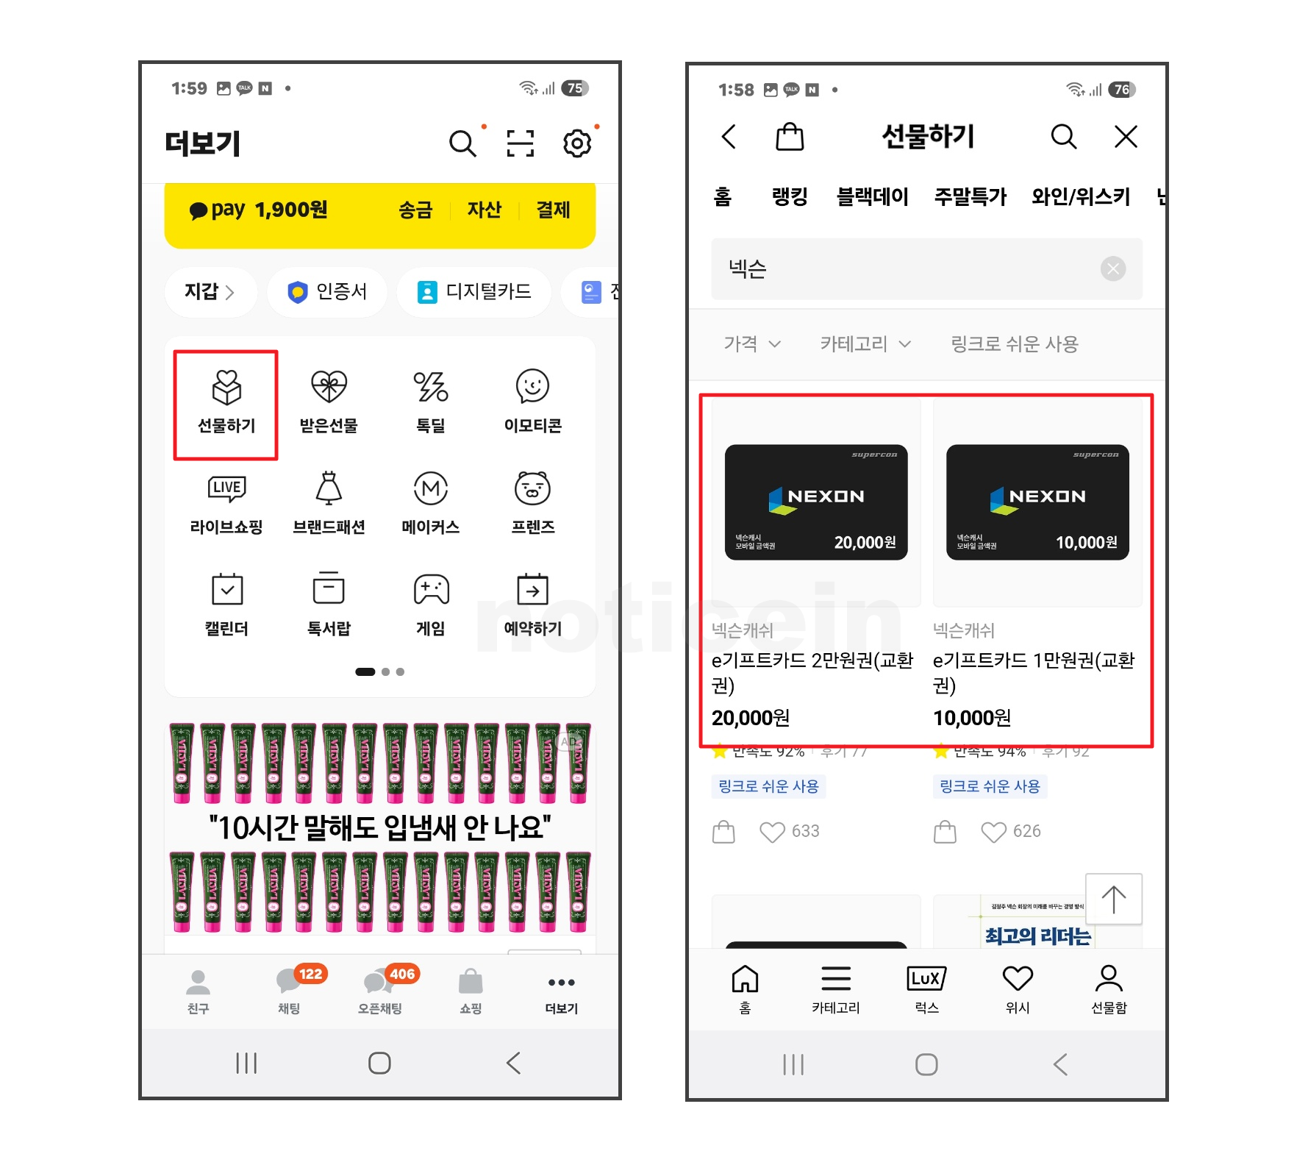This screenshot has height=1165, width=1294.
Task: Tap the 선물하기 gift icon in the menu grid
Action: [226, 388]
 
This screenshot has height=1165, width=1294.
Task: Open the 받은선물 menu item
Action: [329, 388]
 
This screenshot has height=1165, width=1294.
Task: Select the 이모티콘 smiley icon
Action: [532, 387]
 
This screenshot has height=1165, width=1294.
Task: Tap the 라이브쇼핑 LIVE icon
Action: [226, 489]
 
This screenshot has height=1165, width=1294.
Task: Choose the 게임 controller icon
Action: [431, 590]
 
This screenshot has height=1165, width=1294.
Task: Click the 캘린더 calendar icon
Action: [226, 590]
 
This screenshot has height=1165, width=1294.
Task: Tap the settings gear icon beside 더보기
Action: [577, 143]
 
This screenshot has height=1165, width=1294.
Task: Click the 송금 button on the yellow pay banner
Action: [415, 210]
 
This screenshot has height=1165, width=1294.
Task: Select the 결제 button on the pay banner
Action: [553, 210]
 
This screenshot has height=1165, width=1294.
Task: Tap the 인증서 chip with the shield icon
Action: [327, 292]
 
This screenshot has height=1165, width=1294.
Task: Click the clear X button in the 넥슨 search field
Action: [1113, 269]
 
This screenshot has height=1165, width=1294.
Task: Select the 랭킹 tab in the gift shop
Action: [790, 197]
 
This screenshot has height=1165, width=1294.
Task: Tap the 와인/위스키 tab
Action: [1080, 197]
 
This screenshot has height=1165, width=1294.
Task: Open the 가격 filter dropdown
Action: [751, 344]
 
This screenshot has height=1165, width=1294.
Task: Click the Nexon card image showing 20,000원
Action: [816, 502]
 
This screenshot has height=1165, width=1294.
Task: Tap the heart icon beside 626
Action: [993, 832]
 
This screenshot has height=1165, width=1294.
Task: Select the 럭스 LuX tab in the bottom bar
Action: [926, 987]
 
